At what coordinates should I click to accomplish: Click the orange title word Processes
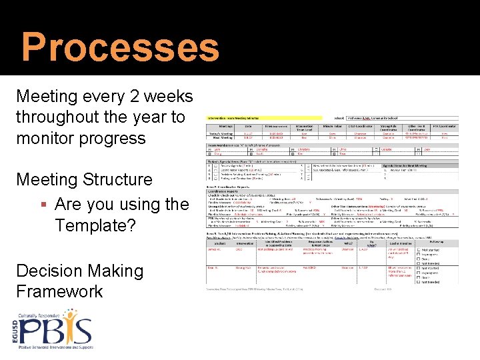click(120, 48)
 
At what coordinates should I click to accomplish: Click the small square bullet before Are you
click(42, 204)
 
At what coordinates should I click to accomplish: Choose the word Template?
click(95, 225)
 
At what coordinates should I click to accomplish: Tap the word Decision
click(47, 271)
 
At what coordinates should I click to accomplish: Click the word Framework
click(60, 291)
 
